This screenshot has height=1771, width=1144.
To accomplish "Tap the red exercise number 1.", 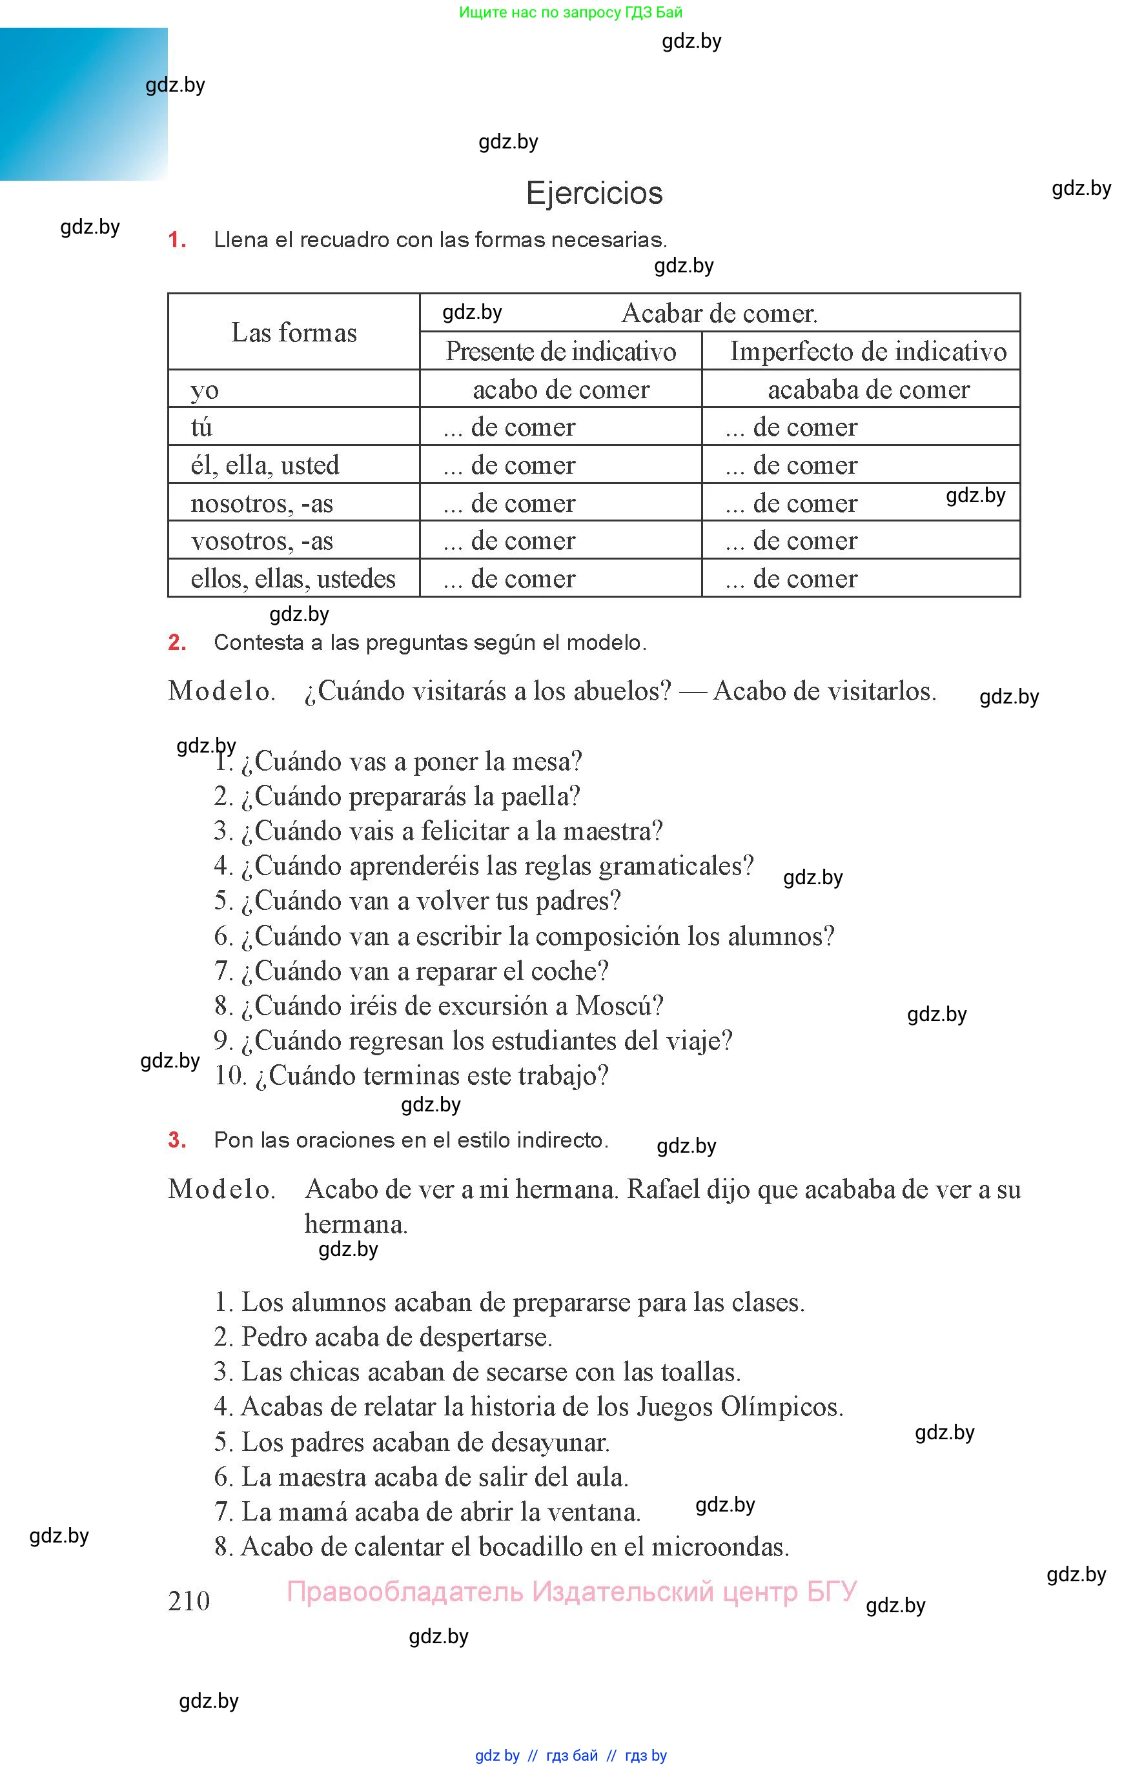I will click(x=177, y=240).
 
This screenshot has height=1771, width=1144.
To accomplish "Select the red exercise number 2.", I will click(x=177, y=642).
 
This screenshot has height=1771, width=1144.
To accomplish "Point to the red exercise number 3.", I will click(x=177, y=1140).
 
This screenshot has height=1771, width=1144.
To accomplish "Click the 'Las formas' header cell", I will click(x=294, y=332).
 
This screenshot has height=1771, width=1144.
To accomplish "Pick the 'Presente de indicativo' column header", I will click(x=560, y=351).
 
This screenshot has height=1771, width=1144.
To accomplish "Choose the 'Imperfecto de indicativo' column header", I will click(x=868, y=351).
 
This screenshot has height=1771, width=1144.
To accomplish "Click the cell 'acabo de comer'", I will click(x=561, y=389).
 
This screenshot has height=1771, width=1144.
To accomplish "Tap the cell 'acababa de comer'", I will click(x=868, y=389).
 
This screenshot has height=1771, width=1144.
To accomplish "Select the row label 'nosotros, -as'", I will click(x=261, y=503).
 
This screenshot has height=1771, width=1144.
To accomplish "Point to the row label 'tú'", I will click(x=201, y=427).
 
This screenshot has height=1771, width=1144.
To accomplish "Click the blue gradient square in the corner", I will click(x=83, y=104).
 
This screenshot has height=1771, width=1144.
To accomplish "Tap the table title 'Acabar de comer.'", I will click(x=719, y=314).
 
